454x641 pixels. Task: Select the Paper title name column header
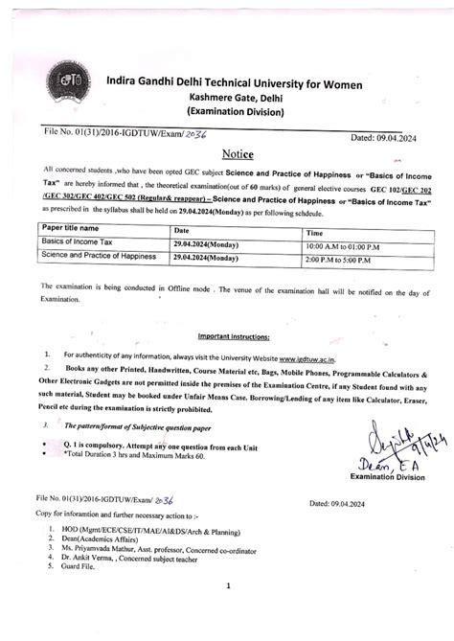pyautogui.click(x=72, y=229)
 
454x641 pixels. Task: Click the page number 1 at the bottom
pyautogui.click(x=228, y=584)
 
